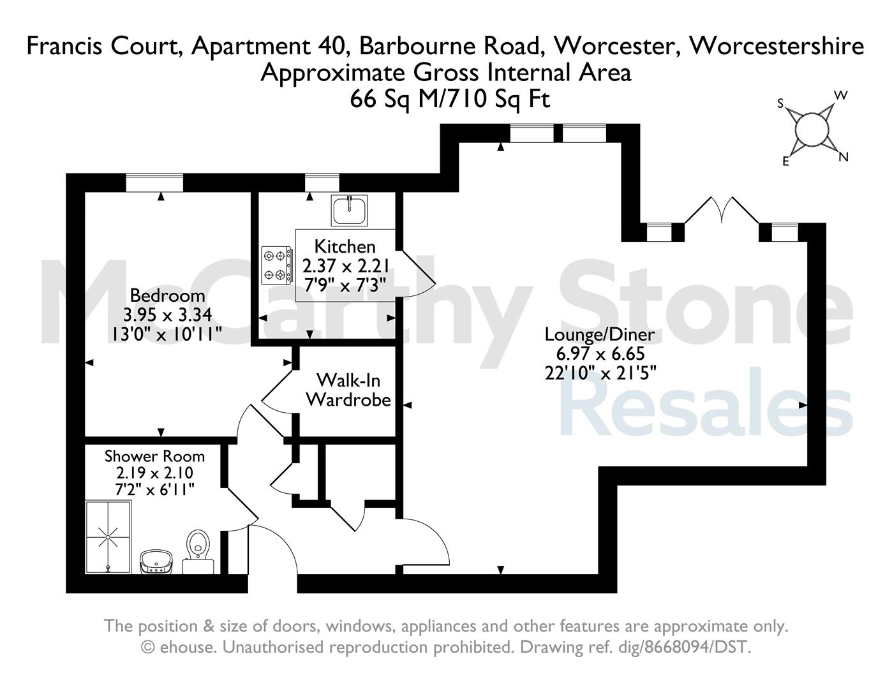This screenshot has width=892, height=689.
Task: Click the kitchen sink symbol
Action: [x=349, y=210]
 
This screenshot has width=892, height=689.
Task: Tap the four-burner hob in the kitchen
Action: [x=277, y=265]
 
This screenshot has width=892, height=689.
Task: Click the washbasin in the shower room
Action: [x=156, y=562]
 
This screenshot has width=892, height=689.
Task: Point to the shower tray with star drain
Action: [x=108, y=537]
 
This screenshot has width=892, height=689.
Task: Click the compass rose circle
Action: [x=811, y=130]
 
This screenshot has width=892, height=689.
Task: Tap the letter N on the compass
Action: [x=843, y=157]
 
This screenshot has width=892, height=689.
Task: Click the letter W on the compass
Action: [x=841, y=96]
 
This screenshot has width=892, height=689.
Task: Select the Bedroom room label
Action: [x=167, y=295]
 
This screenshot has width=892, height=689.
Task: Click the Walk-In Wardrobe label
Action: [x=348, y=390]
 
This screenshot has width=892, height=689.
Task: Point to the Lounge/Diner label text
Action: [x=600, y=335]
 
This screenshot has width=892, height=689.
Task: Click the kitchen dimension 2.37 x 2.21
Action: [x=346, y=266]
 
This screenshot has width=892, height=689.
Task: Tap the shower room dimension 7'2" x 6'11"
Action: [x=154, y=489]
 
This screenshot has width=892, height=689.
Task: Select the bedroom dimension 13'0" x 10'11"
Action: [x=167, y=335]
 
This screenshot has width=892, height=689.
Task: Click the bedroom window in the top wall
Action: [x=154, y=182]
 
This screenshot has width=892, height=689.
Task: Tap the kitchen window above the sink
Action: [x=322, y=182]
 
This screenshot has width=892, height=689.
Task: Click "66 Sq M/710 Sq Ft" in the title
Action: [x=449, y=100]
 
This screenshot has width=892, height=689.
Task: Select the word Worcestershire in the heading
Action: [x=777, y=46]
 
